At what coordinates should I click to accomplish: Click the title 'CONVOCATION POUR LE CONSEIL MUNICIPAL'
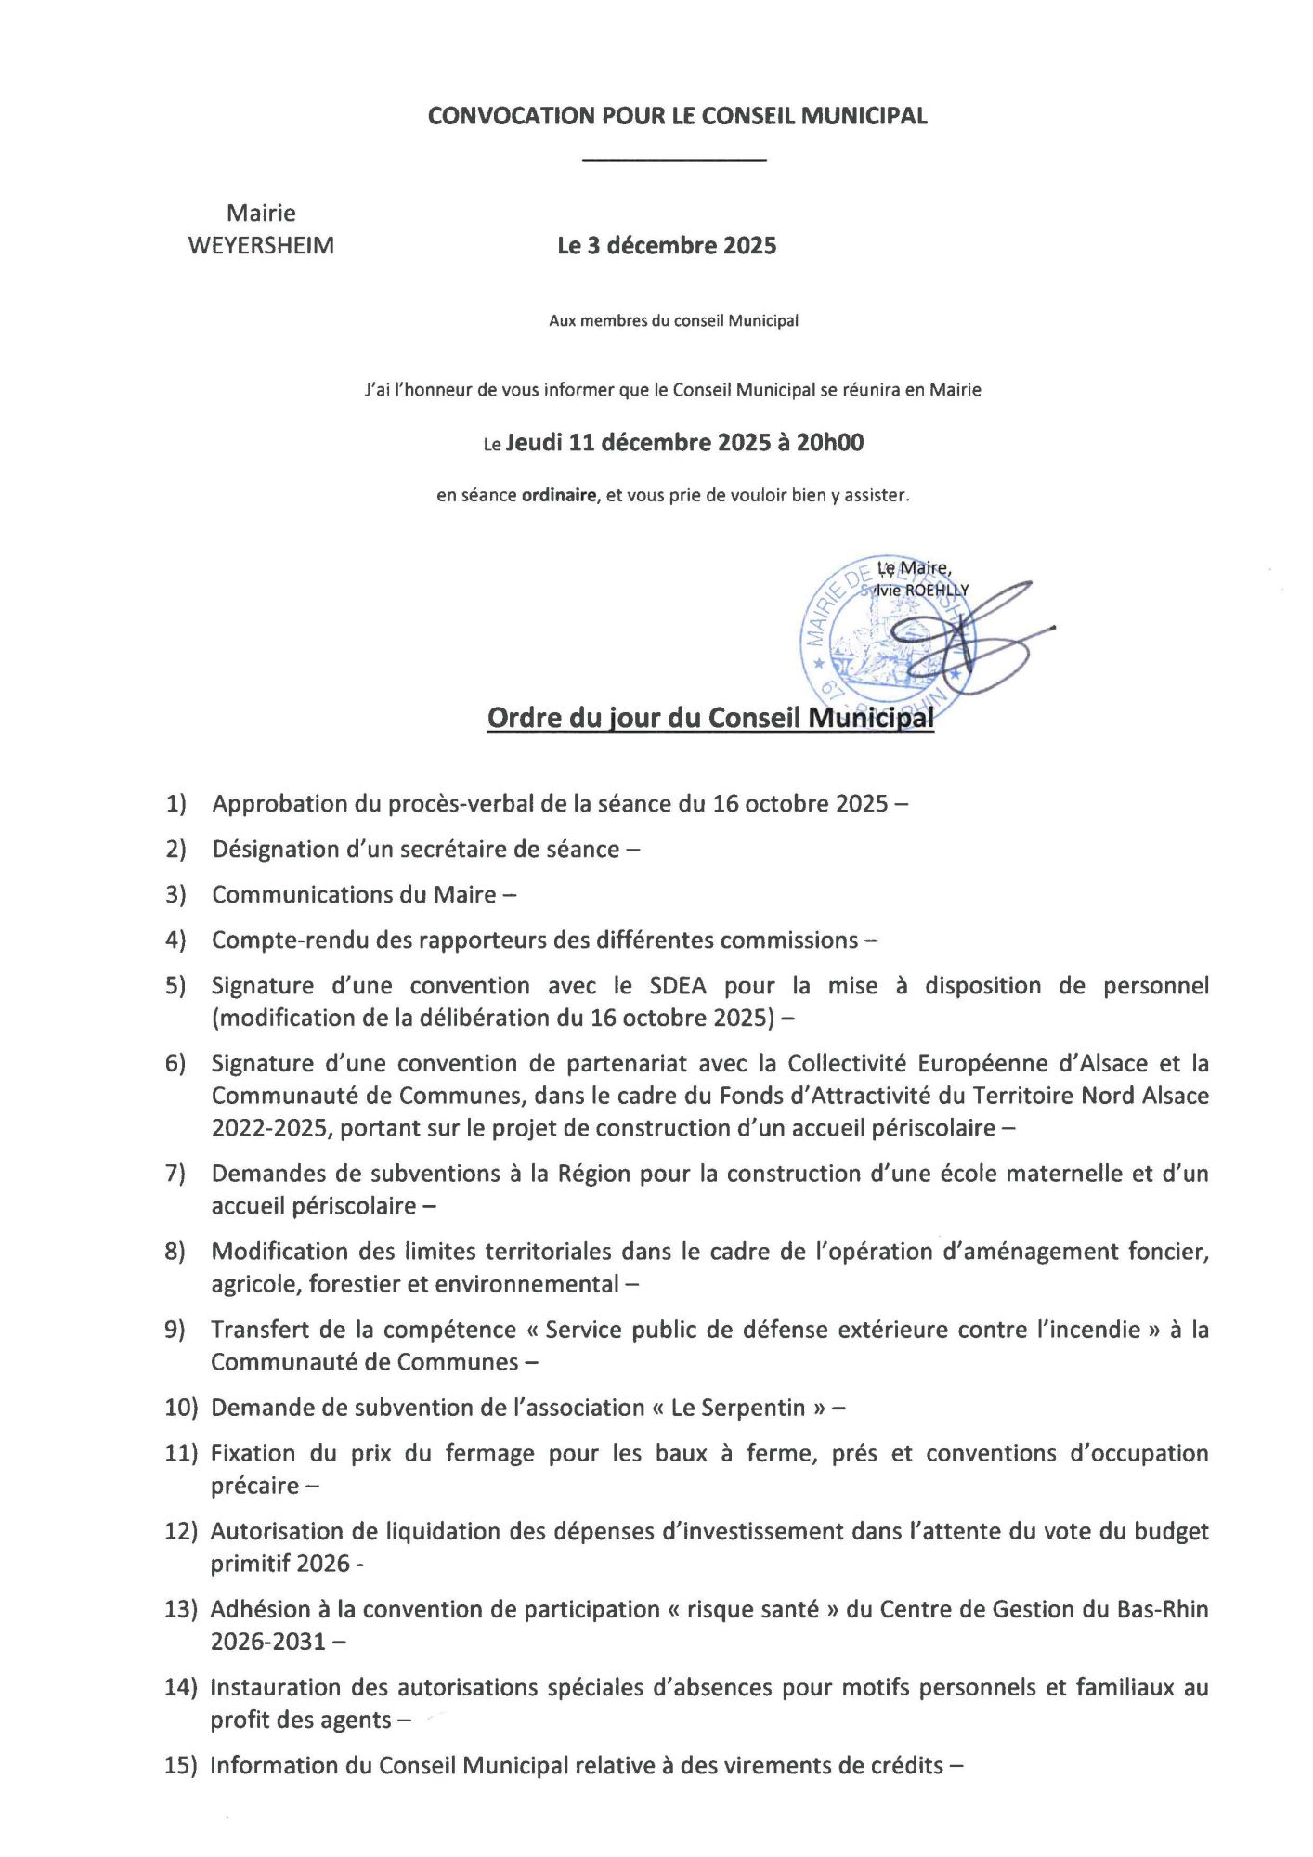(x=677, y=116)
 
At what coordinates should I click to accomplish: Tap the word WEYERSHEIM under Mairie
(x=261, y=246)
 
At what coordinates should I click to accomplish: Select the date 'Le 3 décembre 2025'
(x=667, y=246)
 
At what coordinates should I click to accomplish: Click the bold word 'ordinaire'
(x=558, y=496)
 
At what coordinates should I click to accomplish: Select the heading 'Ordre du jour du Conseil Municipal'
(x=710, y=718)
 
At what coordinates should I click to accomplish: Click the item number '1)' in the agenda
(x=176, y=804)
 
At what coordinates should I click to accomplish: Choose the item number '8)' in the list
(x=175, y=1253)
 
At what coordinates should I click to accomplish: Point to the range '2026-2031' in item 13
(x=267, y=1643)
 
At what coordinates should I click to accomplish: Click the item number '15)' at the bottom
(x=181, y=1766)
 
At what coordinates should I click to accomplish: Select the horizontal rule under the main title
(x=674, y=162)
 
